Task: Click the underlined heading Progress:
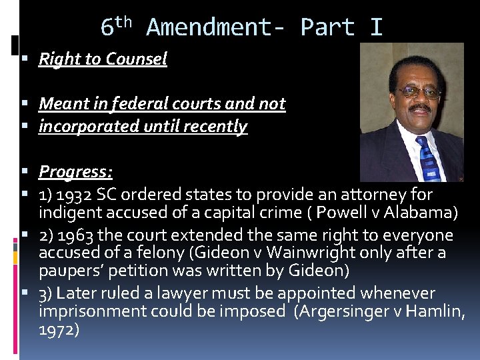pyautogui.click(x=75, y=171)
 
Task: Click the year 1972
pyautogui.click(x=59, y=330)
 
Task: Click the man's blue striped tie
pyautogui.click(x=428, y=159)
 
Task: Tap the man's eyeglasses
pyautogui.click(x=419, y=92)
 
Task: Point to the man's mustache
pyautogui.click(x=420, y=108)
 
